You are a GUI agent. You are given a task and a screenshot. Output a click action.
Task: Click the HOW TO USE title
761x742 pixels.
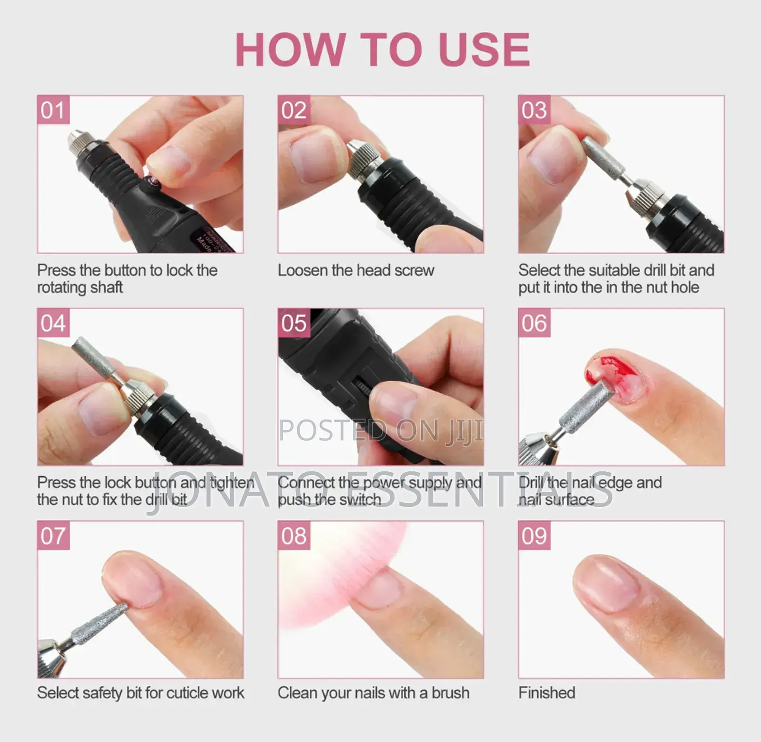tap(382, 49)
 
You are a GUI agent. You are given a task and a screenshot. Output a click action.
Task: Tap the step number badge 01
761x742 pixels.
tap(53, 110)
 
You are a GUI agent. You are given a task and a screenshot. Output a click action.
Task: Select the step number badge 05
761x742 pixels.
tap(294, 323)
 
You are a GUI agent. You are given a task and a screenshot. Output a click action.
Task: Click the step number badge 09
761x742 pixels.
tap(534, 535)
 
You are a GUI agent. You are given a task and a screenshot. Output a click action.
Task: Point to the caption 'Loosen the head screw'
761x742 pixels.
tap(356, 270)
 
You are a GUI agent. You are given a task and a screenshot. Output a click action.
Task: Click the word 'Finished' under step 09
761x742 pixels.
tap(547, 693)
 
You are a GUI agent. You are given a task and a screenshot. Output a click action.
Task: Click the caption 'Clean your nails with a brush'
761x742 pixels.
tap(373, 693)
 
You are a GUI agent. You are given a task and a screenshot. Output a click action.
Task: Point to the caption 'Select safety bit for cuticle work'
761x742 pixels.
tap(141, 693)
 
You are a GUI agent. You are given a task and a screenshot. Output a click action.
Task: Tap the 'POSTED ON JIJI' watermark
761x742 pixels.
tap(381, 430)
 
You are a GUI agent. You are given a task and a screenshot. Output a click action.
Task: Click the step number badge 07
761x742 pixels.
tap(53, 535)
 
